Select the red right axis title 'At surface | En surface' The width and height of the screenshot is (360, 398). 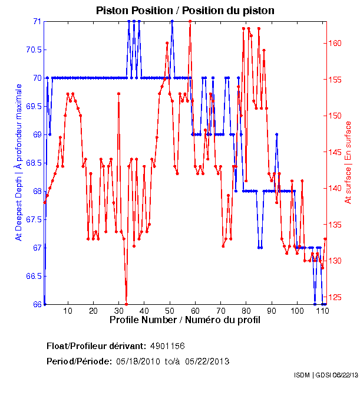[348, 162]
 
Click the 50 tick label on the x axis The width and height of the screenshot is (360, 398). [170, 311]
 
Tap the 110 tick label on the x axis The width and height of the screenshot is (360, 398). [322, 311]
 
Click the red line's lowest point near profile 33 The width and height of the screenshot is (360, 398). [127, 304]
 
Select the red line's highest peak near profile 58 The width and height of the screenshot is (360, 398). [190, 21]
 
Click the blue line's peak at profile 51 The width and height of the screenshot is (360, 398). [172, 21]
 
